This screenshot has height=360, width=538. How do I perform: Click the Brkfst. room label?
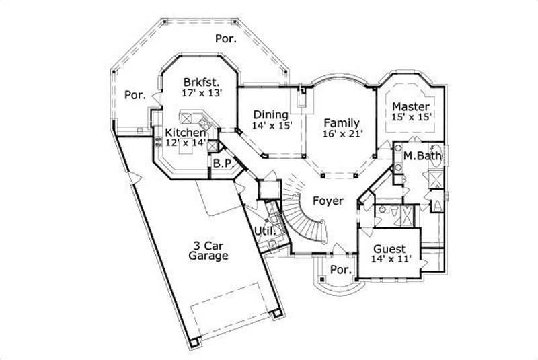tap(201, 82)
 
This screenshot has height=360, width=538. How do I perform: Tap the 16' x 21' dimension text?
tap(343, 134)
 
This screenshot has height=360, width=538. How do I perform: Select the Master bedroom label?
tap(411, 106)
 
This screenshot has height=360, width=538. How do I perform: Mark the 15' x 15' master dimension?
tap(411, 117)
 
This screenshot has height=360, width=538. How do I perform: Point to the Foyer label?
tap(328, 201)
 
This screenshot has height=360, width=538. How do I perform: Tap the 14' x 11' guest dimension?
tap(389, 258)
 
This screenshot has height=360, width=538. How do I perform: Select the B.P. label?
tap(223, 163)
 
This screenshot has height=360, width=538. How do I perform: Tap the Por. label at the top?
tap(226, 39)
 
